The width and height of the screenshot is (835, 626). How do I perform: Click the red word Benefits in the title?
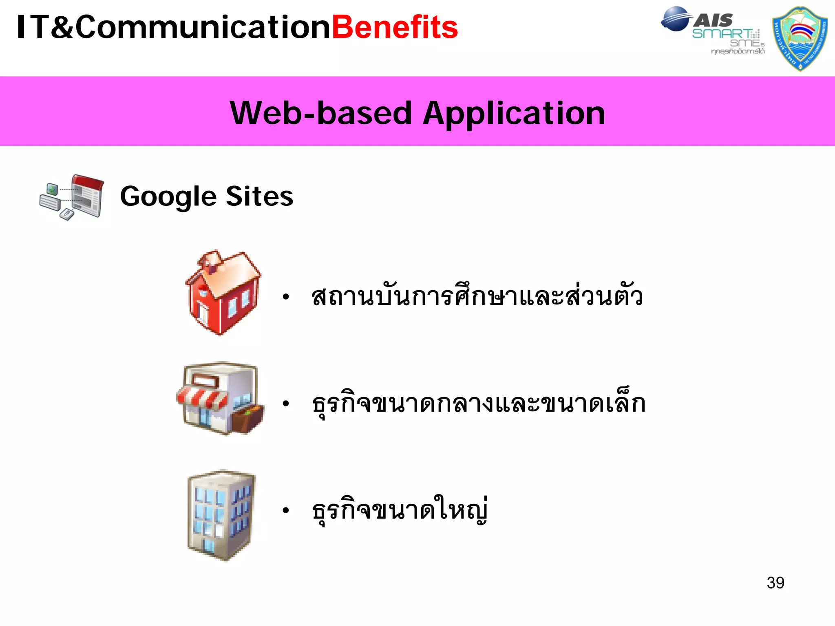coord(395,27)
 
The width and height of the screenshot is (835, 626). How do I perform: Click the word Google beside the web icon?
coord(168,197)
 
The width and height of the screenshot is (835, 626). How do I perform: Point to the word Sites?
coord(259,196)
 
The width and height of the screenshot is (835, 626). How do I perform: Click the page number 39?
coord(775,583)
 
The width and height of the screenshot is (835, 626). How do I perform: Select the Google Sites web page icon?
coord(72,198)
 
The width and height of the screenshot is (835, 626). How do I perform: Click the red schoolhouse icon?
coord(223,293)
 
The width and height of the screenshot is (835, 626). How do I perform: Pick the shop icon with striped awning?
coord(220,398)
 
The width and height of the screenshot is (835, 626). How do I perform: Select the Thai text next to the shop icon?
coord(479,403)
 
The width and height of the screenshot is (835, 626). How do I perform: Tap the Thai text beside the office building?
coord(400,510)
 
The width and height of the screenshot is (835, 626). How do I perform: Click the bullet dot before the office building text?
coord(286,510)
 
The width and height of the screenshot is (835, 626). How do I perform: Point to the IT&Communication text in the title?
coord(174,27)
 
